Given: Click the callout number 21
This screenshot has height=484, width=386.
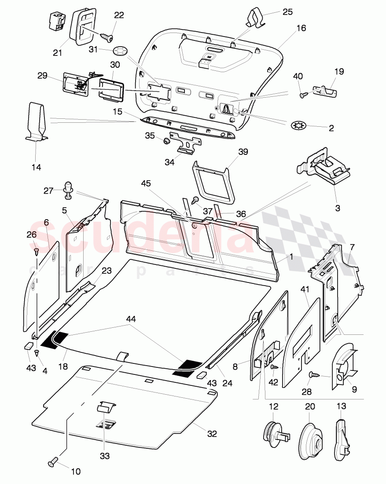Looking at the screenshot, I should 58,53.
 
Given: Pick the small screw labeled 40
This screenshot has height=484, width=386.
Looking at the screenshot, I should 303,93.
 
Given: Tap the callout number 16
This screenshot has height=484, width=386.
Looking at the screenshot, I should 301,28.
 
